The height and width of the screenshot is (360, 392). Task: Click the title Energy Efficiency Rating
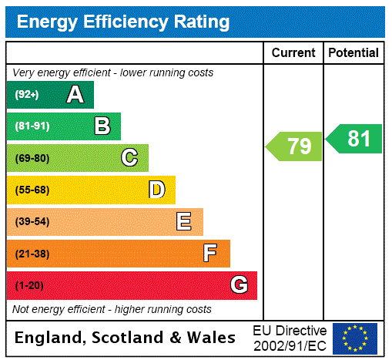(123, 22)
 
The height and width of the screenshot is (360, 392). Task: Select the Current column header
(293, 52)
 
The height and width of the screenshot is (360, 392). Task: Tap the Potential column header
(353, 52)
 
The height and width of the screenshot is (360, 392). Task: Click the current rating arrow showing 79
(295, 146)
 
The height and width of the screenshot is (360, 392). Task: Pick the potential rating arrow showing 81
(355, 139)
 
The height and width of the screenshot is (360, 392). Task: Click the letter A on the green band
(75, 95)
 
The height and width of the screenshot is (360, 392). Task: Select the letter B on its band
(102, 126)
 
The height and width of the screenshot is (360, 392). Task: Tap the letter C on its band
(129, 158)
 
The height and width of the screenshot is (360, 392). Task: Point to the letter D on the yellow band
(156, 190)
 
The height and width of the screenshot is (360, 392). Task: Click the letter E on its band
(184, 222)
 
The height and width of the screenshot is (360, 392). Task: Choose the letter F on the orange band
(210, 253)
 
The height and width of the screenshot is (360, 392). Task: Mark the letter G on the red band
(239, 285)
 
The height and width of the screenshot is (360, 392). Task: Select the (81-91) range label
(32, 126)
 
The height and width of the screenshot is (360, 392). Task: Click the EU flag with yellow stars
(355, 338)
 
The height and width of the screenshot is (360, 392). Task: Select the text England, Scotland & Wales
(126, 338)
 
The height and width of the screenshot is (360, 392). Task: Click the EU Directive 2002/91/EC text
(290, 338)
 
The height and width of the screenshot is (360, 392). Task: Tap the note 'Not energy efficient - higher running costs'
(112, 309)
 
